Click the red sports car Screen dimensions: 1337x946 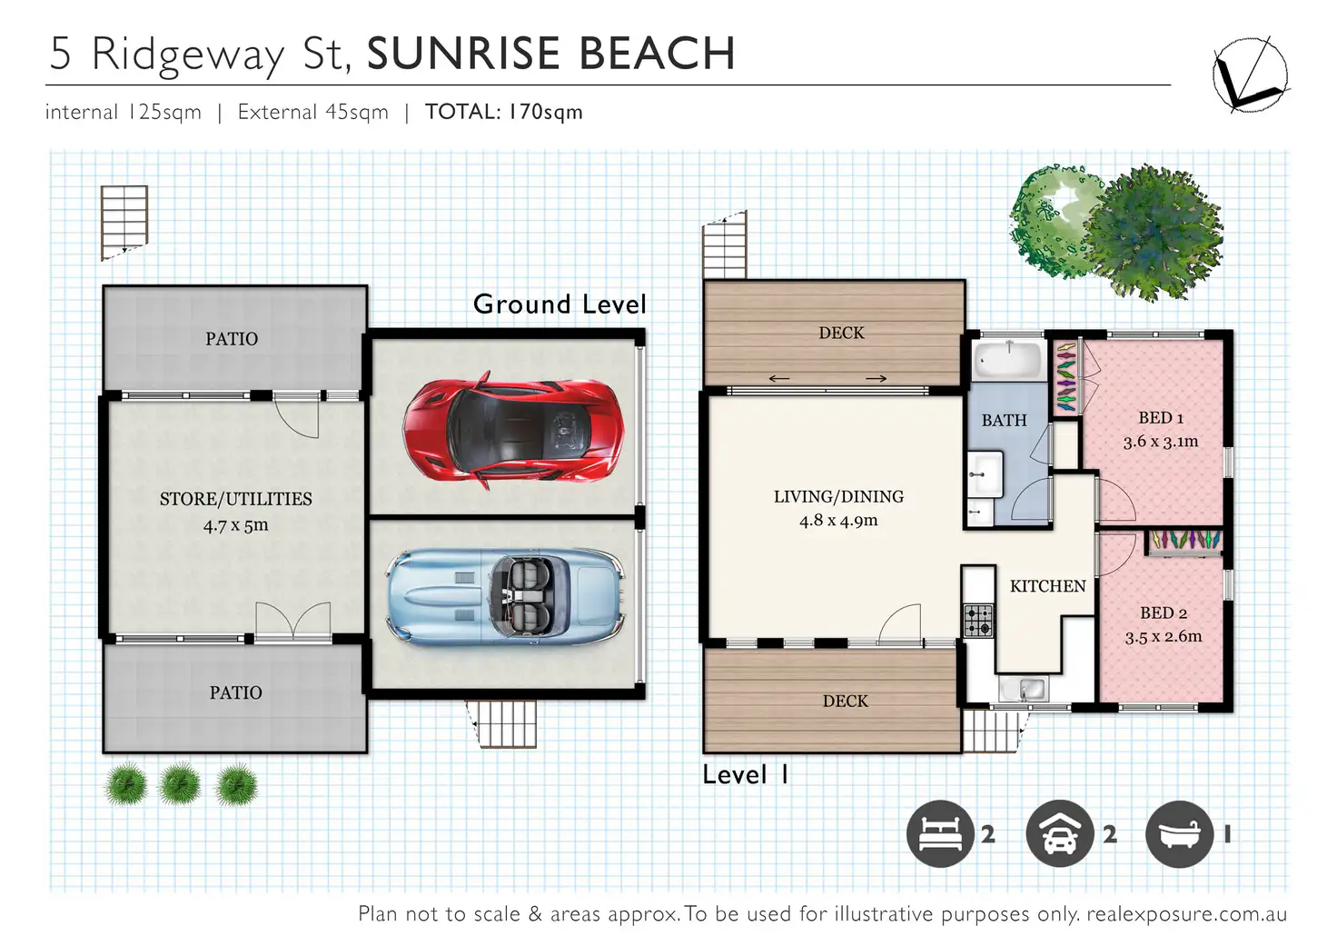[513, 429]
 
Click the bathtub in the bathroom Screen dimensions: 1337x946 [1009, 360]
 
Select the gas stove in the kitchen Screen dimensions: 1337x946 [979, 620]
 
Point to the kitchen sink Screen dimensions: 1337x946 [1023, 688]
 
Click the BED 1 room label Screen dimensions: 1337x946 [1160, 418]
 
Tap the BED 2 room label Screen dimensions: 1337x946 [1164, 612]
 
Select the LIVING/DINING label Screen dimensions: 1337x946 [838, 497]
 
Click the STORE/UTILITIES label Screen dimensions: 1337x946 [236, 499]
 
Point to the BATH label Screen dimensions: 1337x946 [1004, 421]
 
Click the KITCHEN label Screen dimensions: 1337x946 [1047, 586]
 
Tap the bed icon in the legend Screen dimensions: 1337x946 [940, 833]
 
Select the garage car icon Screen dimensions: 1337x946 [1059, 833]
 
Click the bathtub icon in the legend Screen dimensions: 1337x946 [1179, 833]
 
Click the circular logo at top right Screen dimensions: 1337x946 [1251, 75]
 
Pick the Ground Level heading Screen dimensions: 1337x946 [560, 304]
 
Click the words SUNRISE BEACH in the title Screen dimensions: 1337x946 [550, 54]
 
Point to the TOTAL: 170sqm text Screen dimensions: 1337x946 [504, 113]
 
